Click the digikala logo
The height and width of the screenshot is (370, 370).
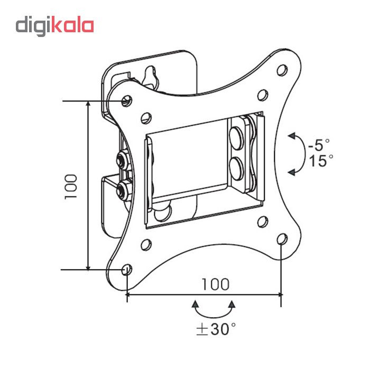click(54, 25)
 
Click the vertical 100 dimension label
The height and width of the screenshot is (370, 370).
click(71, 186)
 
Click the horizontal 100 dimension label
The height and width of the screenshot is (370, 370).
click(215, 284)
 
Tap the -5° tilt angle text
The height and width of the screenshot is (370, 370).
click(318, 143)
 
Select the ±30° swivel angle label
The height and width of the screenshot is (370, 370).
click(215, 329)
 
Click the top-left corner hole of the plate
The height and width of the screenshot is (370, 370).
click(126, 99)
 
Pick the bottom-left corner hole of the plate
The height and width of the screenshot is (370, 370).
click(126, 270)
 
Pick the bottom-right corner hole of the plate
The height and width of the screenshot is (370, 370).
click(282, 239)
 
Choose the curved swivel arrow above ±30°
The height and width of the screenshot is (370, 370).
click(214, 307)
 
